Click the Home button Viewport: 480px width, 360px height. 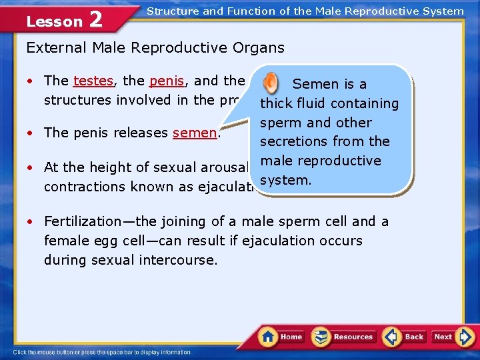(281, 337)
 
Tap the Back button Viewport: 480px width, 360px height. (405, 337)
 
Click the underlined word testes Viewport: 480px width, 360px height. (93, 81)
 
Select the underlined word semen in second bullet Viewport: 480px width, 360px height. (195, 133)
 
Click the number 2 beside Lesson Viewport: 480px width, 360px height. (95, 20)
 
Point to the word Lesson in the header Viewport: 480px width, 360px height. (54, 21)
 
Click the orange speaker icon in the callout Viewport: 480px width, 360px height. (271, 83)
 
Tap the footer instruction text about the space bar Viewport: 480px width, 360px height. (102, 352)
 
